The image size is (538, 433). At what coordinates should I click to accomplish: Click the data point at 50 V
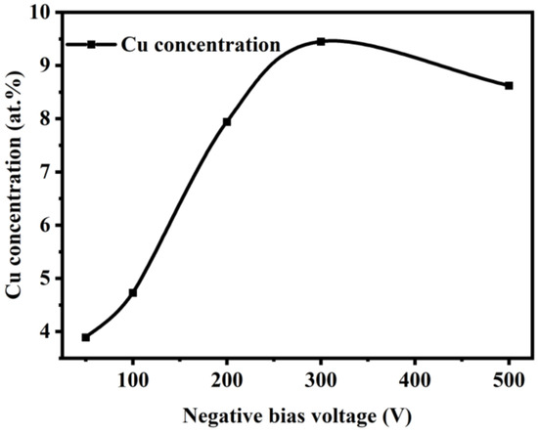pyautogui.click(x=86, y=337)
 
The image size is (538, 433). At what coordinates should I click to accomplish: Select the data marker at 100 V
pyautogui.click(x=133, y=292)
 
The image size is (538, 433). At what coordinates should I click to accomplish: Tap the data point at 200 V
pyautogui.click(x=227, y=121)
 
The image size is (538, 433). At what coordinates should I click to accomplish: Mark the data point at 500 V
pyautogui.click(x=509, y=85)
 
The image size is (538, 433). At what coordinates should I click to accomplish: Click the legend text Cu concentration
pyautogui.click(x=199, y=44)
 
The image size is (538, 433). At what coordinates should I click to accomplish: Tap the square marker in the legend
pyautogui.click(x=91, y=44)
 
